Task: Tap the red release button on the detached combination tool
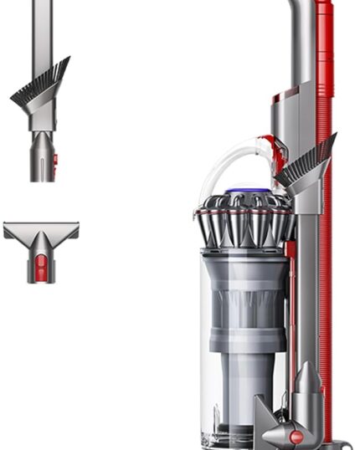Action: tap(54, 158)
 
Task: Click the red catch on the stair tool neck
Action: tap(41, 268)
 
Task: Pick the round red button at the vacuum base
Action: tap(296, 436)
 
